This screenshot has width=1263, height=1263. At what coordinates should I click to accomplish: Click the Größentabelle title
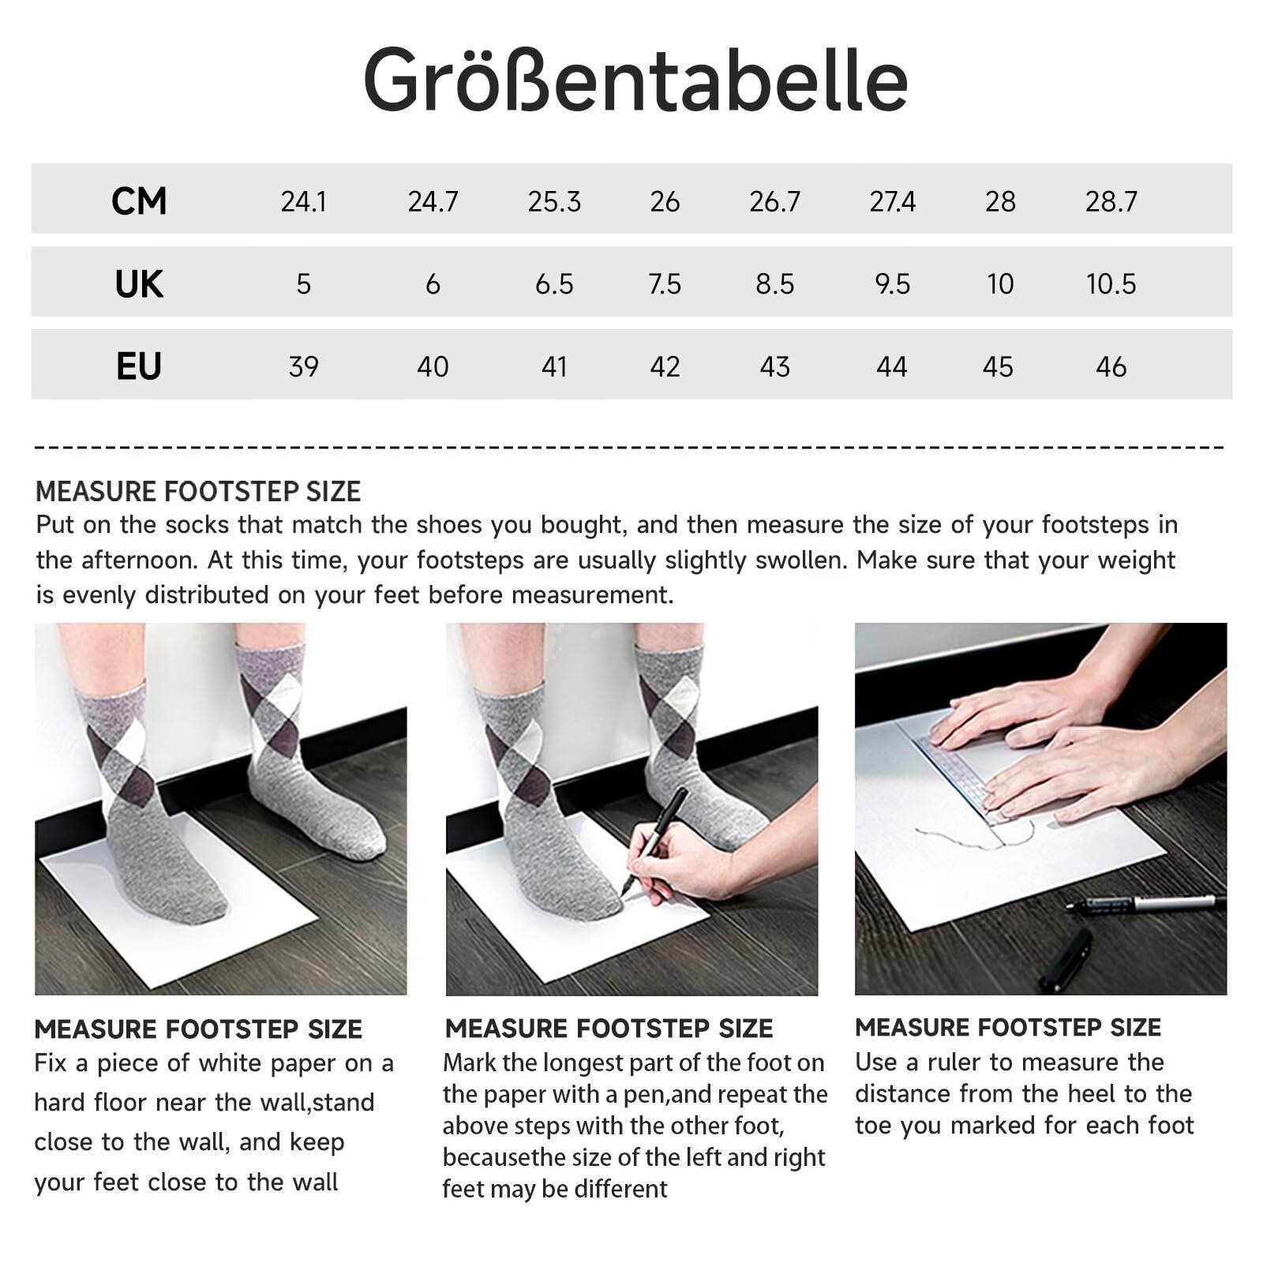pyautogui.click(x=635, y=81)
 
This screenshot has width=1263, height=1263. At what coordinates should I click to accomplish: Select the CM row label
pyautogui.click(x=139, y=201)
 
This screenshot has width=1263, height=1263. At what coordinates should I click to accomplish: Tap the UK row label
pyautogui.click(x=139, y=284)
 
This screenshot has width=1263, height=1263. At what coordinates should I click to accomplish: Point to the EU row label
pyautogui.click(x=139, y=366)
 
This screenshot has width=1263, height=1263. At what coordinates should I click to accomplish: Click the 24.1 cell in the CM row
pyautogui.click(x=303, y=202)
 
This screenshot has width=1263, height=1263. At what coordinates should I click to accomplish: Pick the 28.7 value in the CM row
pyautogui.click(x=1111, y=202)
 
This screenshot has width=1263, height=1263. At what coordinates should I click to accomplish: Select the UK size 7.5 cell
pyautogui.click(x=665, y=284)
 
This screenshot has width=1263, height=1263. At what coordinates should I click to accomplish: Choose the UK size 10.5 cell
pyautogui.click(x=1111, y=284)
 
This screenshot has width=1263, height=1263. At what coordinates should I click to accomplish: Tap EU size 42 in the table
pyautogui.click(x=665, y=367)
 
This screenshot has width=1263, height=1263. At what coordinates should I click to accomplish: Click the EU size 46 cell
pyautogui.click(x=1111, y=367)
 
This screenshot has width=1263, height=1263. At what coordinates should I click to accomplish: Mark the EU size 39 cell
pyautogui.click(x=303, y=367)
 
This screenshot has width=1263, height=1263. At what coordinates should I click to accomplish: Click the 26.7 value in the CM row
pyautogui.click(x=774, y=202)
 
